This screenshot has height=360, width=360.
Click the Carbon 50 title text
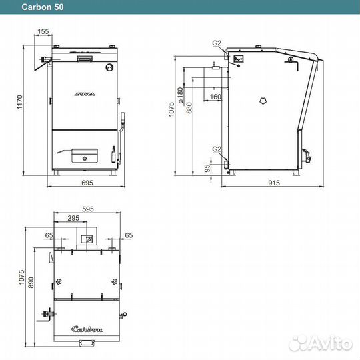tap(43, 7)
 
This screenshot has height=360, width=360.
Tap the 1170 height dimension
tap(20, 102)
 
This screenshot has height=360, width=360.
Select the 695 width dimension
tap(87, 183)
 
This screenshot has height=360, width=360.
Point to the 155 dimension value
tap(43, 31)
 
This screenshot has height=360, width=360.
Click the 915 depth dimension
tap(274, 183)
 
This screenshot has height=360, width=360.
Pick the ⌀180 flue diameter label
tap(181, 95)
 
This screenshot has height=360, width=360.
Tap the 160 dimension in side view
tap(215, 97)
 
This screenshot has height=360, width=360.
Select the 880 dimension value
tap(189, 108)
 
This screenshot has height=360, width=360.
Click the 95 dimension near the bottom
tap(207, 168)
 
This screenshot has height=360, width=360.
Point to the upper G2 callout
tap(217, 43)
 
